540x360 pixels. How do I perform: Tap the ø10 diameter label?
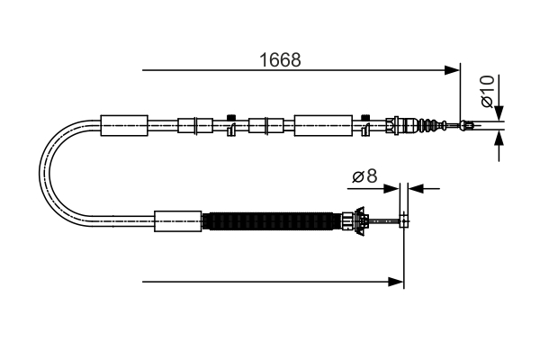[x=487, y=92]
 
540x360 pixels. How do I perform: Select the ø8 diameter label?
[x=364, y=176]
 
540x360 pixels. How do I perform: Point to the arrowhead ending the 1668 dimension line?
[x=453, y=69]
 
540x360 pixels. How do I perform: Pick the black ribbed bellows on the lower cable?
[x=270, y=221]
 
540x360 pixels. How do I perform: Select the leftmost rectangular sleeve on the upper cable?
[x=124, y=125]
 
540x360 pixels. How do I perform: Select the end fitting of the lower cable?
[x=404, y=220]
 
